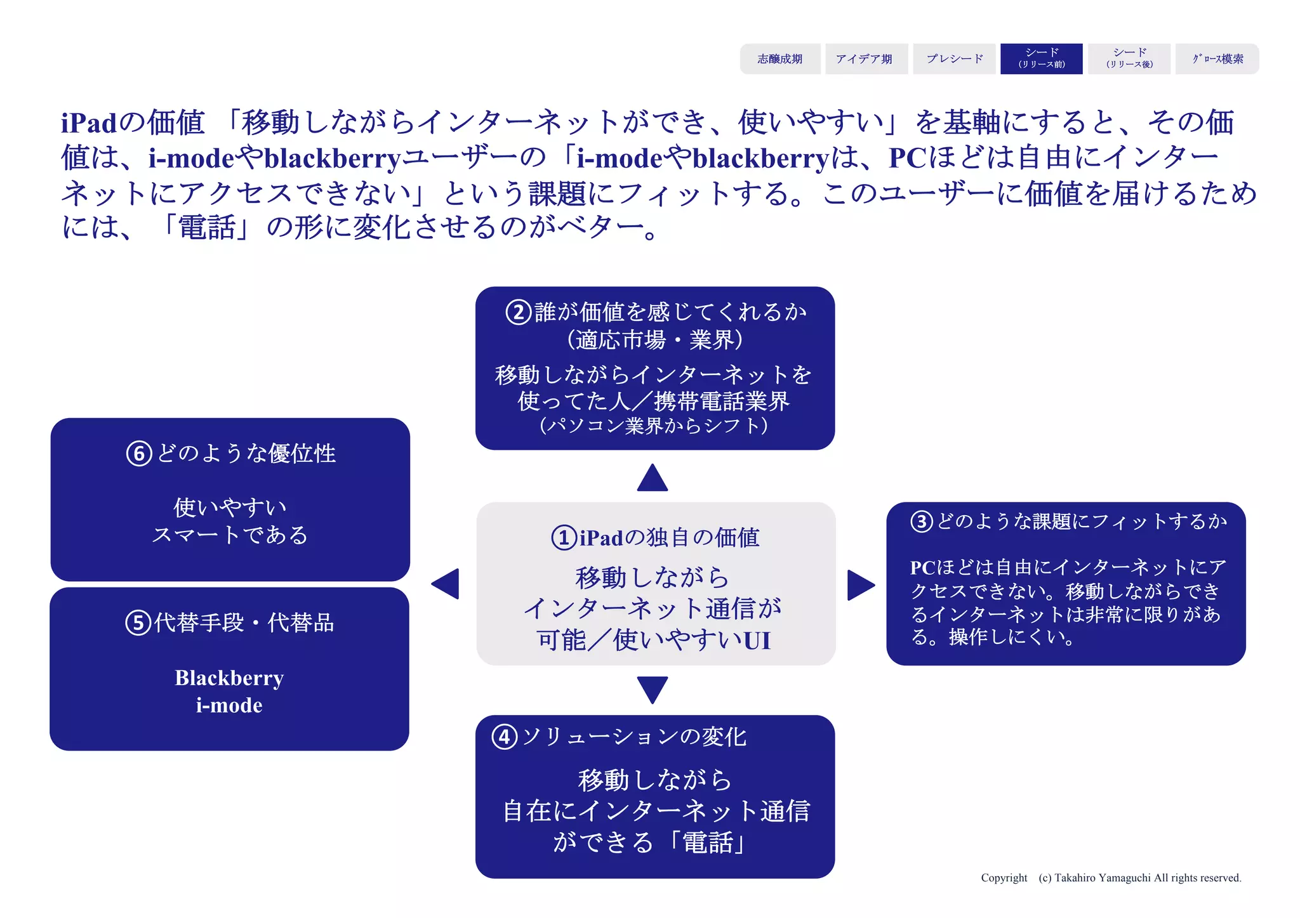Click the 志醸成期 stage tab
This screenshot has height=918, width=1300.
click(779, 59)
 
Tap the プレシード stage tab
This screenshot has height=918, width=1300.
click(954, 59)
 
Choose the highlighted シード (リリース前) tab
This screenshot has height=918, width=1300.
click(1041, 59)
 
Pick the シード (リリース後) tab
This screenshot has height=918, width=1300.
click(1129, 59)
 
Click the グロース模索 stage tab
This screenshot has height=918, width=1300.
click(1217, 59)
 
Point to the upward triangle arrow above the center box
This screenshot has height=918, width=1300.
click(653, 478)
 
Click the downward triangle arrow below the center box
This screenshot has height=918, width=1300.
click(653, 688)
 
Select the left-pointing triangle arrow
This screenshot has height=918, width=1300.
click(446, 584)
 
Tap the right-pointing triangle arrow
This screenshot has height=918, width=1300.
click(860, 584)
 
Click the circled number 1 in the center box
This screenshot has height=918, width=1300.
click(564, 538)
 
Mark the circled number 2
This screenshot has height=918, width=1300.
click(518, 312)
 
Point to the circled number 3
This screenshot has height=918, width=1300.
click(922, 521)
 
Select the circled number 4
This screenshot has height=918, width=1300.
click(505, 737)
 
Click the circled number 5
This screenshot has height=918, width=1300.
click(138, 623)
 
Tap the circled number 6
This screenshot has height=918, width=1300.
click(139, 454)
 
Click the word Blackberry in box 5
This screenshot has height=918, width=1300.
click(229, 678)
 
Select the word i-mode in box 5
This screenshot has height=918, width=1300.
click(229, 705)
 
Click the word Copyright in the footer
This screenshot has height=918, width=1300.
click(1004, 878)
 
